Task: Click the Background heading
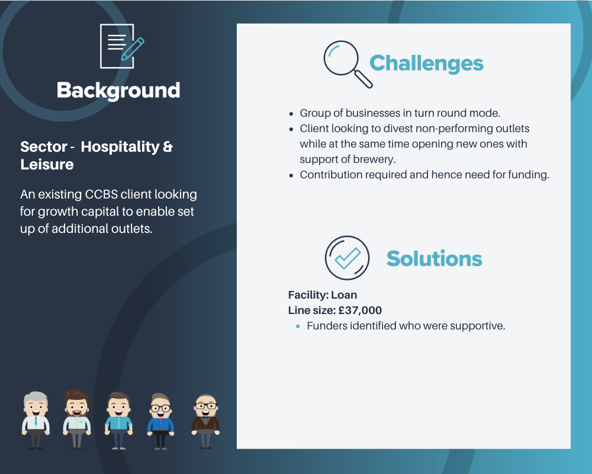pyautogui.click(x=118, y=91)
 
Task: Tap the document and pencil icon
pyautogui.click(x=122, y=46)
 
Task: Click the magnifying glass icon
pyautogui.click(x=348, y=64)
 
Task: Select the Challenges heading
pyautogui.click(x=426, y=63)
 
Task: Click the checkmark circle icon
pyautogui.click(x=347, y=258)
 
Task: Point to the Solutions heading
pyautogui.click(x=434, y=258)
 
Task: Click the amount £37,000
pyautogui.click(x=360, y=310)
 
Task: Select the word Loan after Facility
pyautogui.click(x=344, y=295)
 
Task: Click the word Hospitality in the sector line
pyautogui.click(x=120, y=147)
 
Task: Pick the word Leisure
pyautogui.click(x=47, y=165)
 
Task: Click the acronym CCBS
pyautogui.click(x=101, y=194)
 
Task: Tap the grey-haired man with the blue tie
pyautogui.click(x=36, y=420)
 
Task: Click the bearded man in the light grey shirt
pyautogui.click(x=76, y=419)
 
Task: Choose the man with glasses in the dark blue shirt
pyautogui.click(x=160, y=421)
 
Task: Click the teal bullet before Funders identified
pyautogui.click(x=298, y=326)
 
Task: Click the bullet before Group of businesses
pyautogui.click(x=291, y=114)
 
